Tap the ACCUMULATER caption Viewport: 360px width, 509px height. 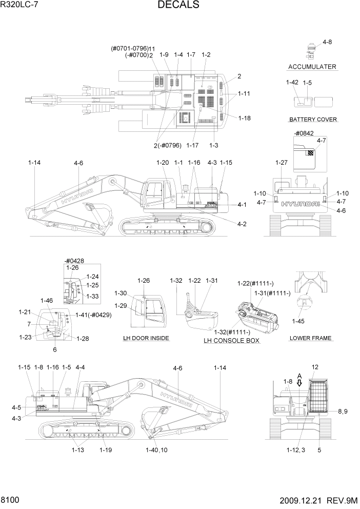click(x=312, y=67)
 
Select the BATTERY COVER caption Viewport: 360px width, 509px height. click(x=313, y=120)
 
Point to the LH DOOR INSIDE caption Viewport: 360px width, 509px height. click(x=146, y=338)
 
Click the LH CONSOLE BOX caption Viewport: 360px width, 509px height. click(x=231, y=341)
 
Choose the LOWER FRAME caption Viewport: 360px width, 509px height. click(x=311, y=338)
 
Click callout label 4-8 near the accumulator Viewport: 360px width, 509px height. click(x=327, y=42)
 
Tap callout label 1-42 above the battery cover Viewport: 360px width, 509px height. click(x=292, y=82)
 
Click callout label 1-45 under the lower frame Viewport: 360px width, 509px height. click(x=298, y=321)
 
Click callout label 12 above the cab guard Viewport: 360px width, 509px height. click(x=315, y=367)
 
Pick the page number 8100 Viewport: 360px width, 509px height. click(x=10, y=499)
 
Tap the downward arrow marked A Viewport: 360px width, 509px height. click(x=299, y=383)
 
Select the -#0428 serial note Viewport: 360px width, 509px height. click(x=74, y=260)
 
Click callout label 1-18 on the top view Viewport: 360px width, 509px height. click(x=245, y=118)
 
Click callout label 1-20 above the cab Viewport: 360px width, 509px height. click(x=162, y=162)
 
